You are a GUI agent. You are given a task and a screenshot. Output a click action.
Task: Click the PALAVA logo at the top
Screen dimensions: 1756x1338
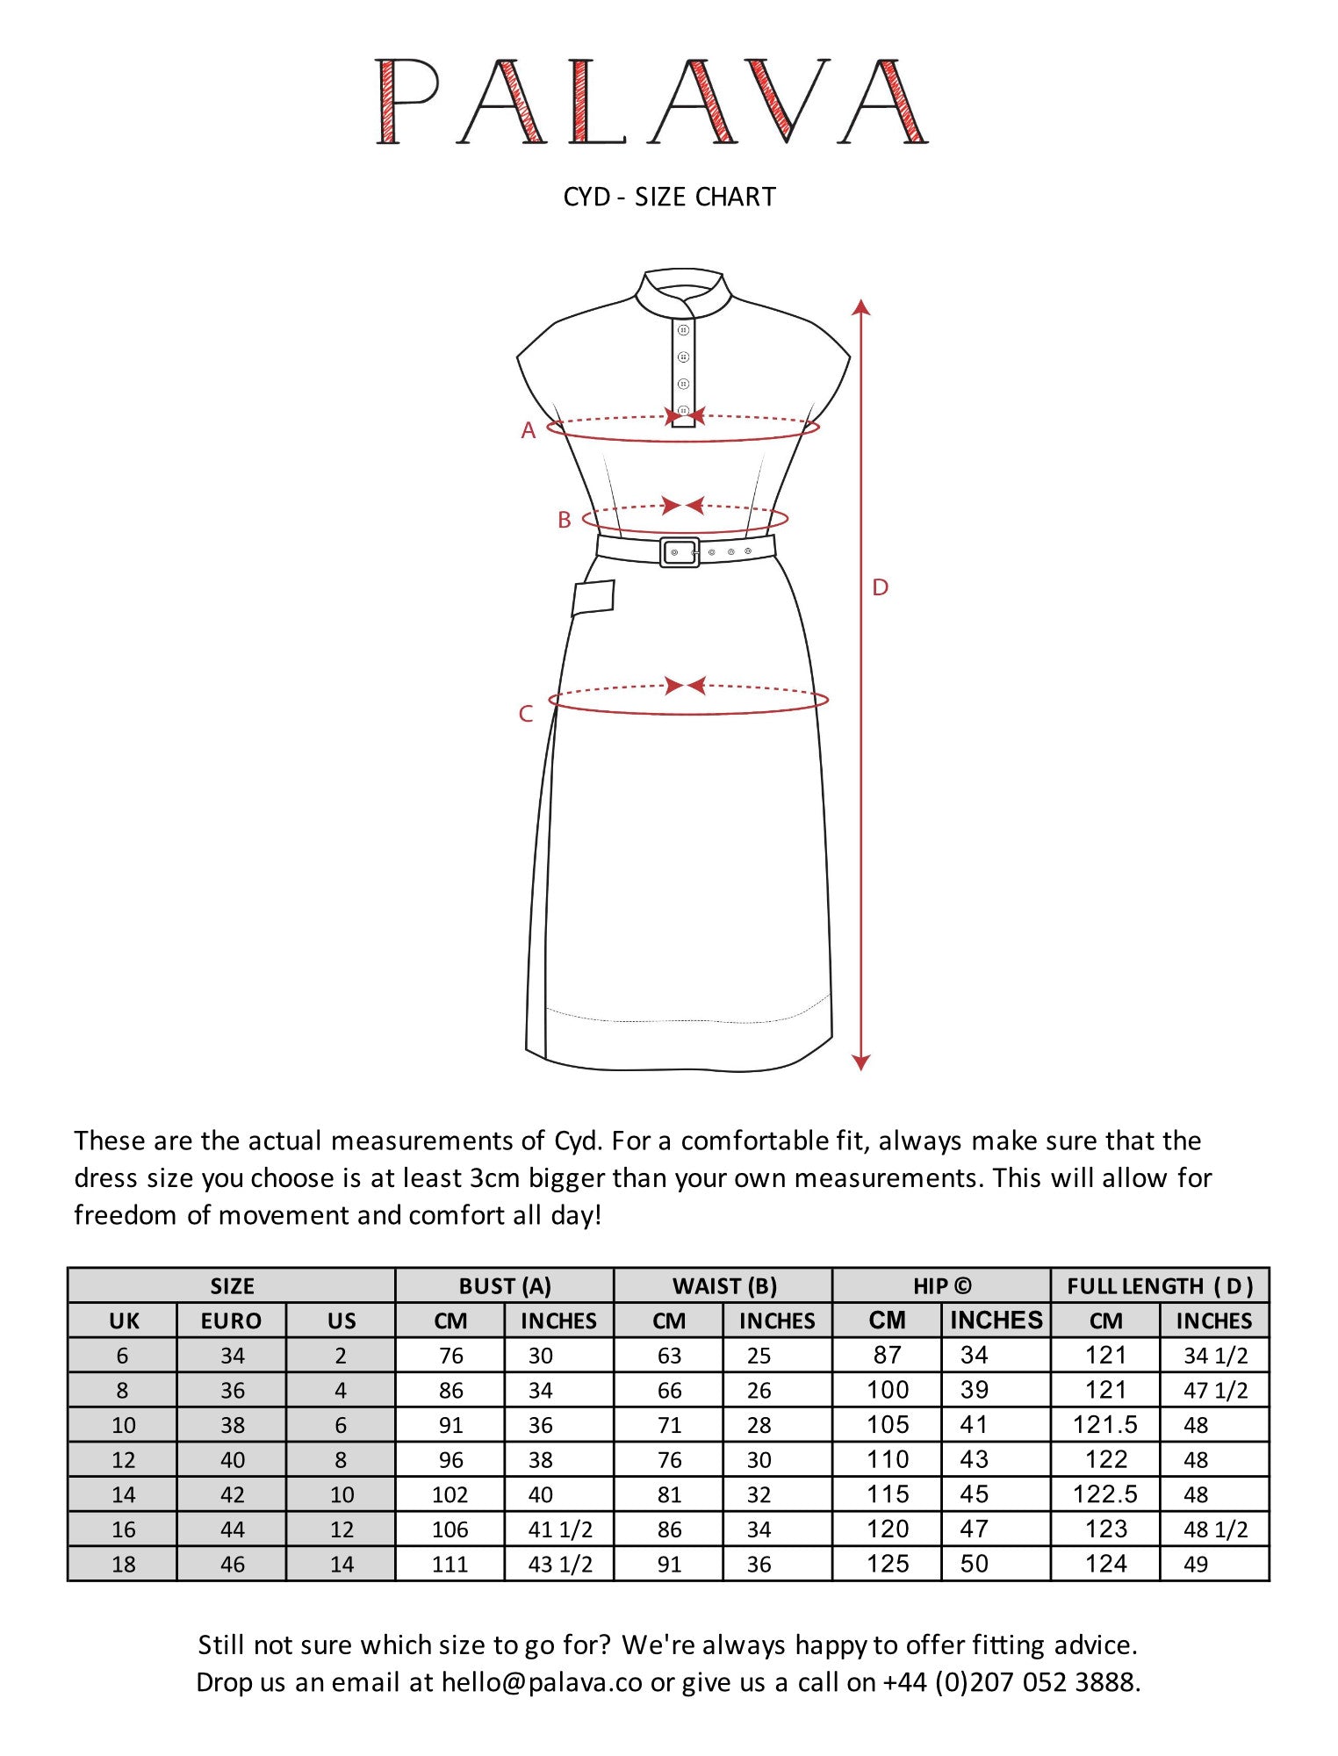[651, 101]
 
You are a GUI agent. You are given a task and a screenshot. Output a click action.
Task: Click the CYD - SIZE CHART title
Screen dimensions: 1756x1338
[669, 197]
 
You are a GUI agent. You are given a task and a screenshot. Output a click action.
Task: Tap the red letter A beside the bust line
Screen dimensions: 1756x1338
[529, 430]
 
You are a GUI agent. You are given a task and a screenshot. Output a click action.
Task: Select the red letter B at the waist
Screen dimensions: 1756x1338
[565, 520]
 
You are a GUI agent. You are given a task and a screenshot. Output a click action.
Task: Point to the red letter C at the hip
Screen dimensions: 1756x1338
[526, 714]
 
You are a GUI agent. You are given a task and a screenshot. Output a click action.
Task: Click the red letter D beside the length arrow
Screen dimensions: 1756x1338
[880, 587]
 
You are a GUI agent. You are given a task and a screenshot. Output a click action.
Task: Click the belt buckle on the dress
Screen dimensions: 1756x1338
[680, 552]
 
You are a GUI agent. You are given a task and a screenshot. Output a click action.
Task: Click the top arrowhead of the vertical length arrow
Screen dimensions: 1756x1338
[861, 307]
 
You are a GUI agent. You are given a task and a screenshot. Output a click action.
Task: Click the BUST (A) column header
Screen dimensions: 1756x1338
[505, 1286]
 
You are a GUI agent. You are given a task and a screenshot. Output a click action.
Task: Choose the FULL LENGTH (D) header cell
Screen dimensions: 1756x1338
[1159, 1286]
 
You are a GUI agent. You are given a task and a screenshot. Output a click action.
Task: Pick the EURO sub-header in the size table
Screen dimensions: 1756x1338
[232, 1321]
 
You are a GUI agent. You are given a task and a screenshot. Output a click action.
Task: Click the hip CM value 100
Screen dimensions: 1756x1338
[888, 1390]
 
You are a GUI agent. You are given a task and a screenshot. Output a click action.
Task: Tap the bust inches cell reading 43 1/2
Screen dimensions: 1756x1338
[560, 1564]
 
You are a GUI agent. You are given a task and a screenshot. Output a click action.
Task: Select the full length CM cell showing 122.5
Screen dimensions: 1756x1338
[1104, 1494]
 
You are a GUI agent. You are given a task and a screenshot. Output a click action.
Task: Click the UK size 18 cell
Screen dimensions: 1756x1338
[123, 1564]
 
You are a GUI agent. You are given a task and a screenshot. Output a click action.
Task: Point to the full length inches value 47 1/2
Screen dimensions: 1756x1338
[1215, 1391]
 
